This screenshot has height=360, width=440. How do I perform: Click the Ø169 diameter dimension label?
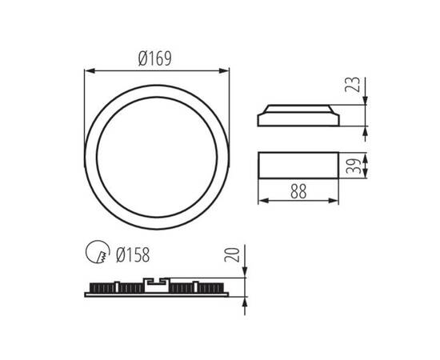click(156, 58)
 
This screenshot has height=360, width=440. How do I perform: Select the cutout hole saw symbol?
click(95, 254)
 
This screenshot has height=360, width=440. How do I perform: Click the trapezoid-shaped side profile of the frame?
click(298, 116)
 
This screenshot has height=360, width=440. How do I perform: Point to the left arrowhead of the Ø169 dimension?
click(87, 71)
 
